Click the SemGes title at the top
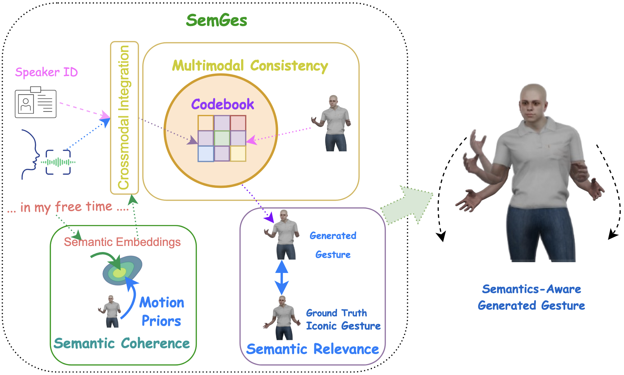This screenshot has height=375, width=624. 216,21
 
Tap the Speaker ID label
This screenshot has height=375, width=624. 46,72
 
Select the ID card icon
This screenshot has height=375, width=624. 35,103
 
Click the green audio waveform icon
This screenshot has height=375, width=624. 58,162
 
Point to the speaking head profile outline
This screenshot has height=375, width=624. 30,154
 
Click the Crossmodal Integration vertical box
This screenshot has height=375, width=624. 124,118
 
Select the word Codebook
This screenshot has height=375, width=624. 223,104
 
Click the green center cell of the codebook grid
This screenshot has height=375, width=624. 222,138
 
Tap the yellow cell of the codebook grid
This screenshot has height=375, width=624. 238,154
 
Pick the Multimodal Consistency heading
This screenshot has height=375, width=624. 250,66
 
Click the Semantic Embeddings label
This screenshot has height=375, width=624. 122,242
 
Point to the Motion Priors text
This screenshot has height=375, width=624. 161,311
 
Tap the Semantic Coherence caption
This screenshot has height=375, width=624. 122,343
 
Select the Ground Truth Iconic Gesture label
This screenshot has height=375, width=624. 343,319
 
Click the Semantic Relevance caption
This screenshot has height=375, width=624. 312,349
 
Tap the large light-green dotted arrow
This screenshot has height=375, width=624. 407,205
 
